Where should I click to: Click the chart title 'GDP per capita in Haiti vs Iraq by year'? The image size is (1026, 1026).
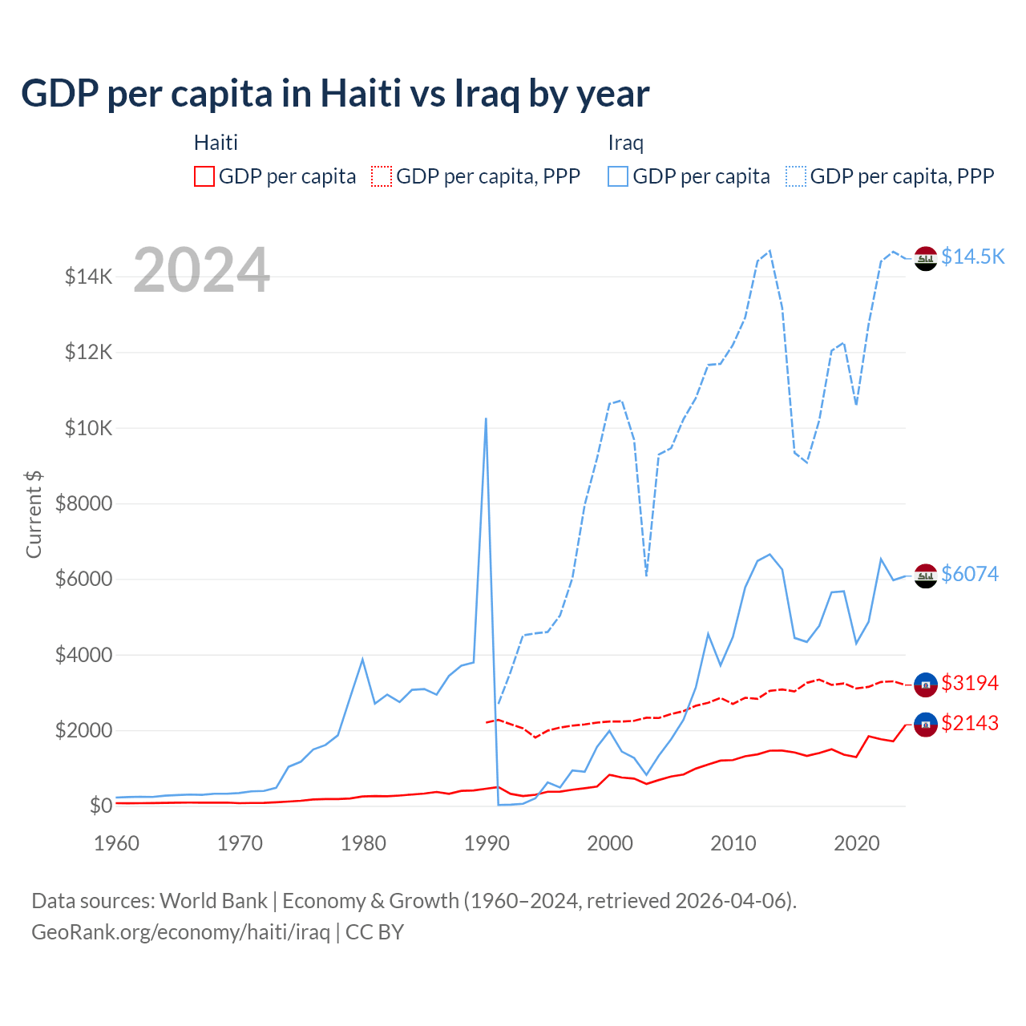coord(335,94)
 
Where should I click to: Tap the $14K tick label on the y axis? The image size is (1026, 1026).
coord(88,277)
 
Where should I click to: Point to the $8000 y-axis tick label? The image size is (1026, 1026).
coord(83,503)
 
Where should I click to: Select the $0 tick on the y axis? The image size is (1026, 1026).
coord(100,806)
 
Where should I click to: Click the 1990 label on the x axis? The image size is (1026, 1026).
coord(487,843)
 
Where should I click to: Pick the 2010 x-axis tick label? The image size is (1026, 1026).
coord(733,843)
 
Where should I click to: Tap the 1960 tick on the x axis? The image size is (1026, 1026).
coord(117,843)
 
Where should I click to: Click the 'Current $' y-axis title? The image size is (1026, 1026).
coord(34,515)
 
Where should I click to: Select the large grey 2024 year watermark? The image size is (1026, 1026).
coord(201,271)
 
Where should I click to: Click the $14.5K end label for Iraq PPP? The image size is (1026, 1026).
coord(972,256)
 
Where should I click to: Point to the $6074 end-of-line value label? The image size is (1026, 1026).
coord(970,574)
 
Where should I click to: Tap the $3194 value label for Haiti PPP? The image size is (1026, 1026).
coord(970,683)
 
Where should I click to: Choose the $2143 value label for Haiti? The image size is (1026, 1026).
coord(970,723)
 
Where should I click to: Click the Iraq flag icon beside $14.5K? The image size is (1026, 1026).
coord(926,259)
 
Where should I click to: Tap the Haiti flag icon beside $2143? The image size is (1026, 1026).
coord(926,725)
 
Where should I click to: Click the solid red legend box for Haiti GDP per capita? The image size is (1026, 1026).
coord(204,176)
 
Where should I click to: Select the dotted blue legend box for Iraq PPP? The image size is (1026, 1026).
coord(796,176)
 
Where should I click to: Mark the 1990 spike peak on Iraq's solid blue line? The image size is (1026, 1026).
coord(486,418)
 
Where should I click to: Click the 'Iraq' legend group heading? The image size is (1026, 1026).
coord(625,143)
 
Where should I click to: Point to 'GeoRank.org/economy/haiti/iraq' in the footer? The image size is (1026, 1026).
coord(180,932)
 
